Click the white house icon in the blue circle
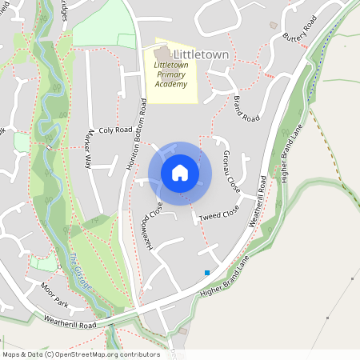pyautogui.click(x=180, y=172)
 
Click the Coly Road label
pyautogui.click(x=113, y=130)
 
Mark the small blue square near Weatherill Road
pyautogui.click(x=207, y=273)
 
